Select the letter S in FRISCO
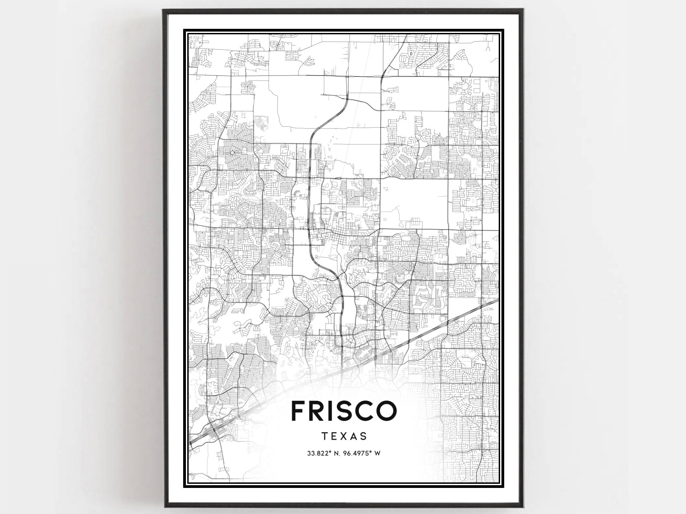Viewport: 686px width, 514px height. click(x=347, y=410)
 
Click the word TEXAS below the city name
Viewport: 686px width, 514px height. click(x=344, y=436)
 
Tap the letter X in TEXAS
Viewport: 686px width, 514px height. click(x=344, y=436)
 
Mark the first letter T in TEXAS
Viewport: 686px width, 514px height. click(x=324, y=436)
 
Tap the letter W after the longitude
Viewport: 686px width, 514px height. click(x=378, y=454)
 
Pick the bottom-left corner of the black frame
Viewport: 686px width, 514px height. click(x=165, y=506)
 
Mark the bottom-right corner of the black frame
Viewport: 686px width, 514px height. click(x=522, y=506)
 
